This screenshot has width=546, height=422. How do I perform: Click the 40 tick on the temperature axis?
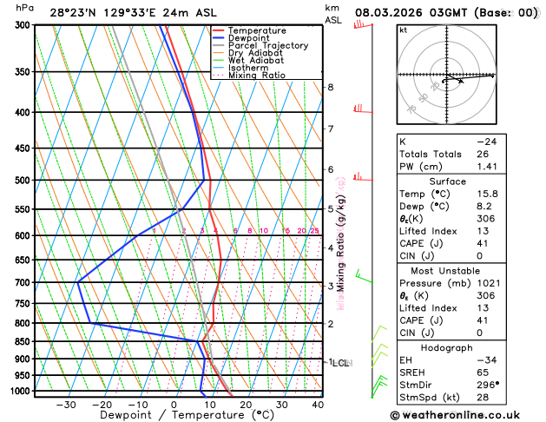point(318,405)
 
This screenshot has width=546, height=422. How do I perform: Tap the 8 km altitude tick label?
point(331,88)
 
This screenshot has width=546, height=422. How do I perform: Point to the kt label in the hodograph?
point(403,30)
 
